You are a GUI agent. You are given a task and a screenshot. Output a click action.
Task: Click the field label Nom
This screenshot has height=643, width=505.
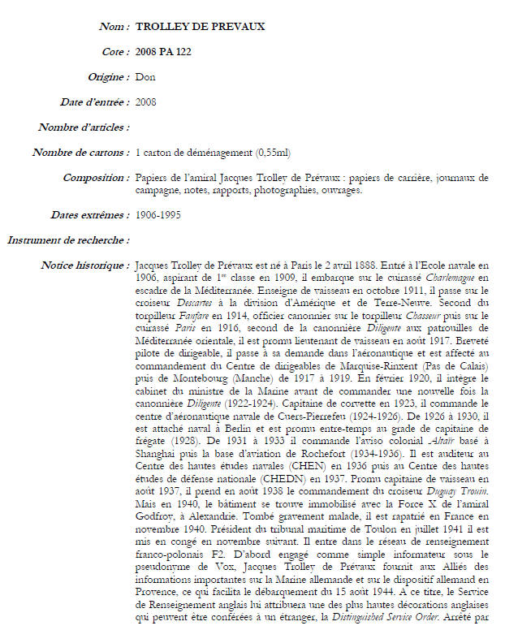click(x=114, y=28)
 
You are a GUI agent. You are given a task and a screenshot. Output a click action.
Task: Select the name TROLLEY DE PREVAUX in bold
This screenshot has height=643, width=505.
click(x=200, y=28)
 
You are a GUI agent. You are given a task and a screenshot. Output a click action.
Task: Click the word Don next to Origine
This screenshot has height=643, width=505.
click(x=145, y=78)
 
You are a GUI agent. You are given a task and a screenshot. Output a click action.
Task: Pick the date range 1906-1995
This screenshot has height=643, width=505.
click(x=158, y=215)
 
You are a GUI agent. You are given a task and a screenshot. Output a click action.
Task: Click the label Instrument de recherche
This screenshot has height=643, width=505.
click(x=68, y=240)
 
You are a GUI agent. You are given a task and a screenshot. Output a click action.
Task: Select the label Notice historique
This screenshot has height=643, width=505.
click(x=85, y=265)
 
